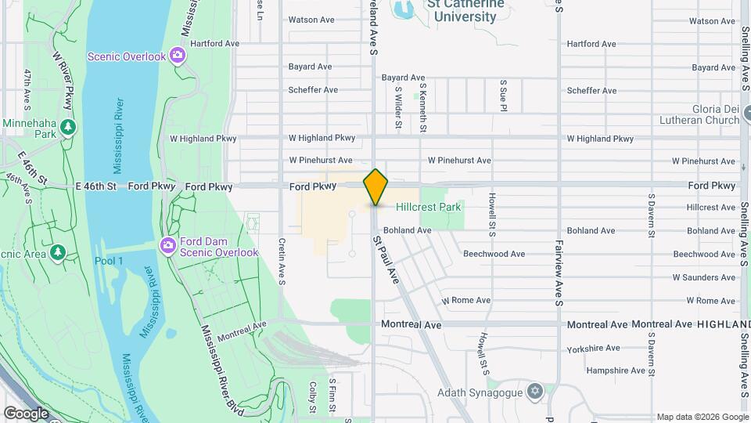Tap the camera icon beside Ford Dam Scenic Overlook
click(167, 247)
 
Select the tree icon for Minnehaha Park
click(69, 126)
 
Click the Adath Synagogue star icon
click(535, 390)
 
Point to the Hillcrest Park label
click(428, 208)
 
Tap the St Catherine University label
click(461, 11)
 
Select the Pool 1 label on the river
click(110, 261)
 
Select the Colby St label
click(312, 397)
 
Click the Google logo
click(26, 413)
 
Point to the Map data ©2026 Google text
click(702, 417)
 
